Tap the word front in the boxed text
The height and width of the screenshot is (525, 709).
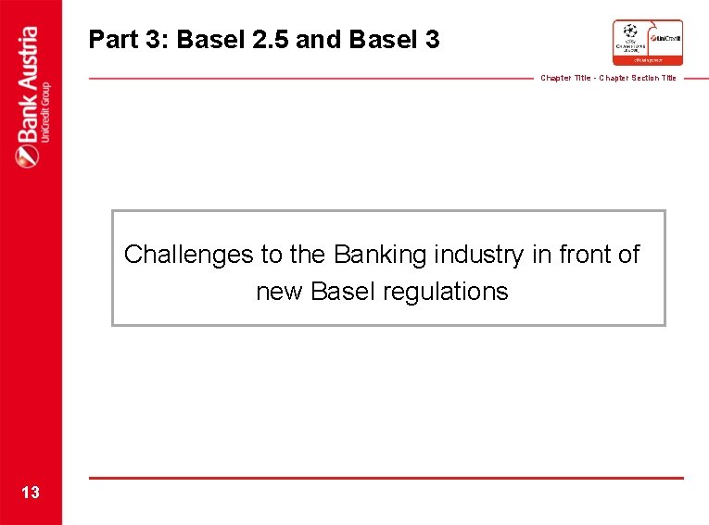[x=584, y=255]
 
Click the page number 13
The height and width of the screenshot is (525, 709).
[x=31, y=493]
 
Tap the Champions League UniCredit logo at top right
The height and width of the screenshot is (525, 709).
[x=647, y=42]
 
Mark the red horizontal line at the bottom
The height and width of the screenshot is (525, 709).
[x=386, y=478]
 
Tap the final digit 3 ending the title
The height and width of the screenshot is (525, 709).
[x=433, y=40]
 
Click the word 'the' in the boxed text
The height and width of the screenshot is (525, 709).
[x=305, y=255]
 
